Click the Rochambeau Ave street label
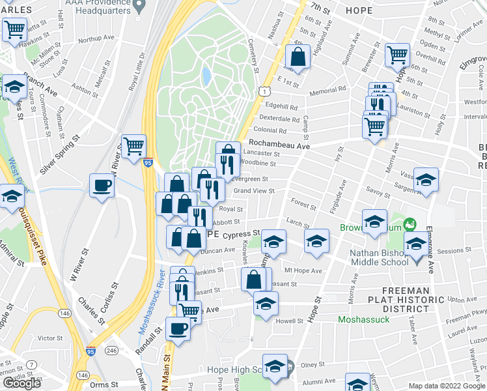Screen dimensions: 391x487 [x=279, y=146]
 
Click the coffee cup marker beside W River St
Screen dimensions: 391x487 [x=102, y=186]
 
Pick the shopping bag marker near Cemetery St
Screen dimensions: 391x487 [x=298, y=57]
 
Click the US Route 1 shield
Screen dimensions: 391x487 [x=264, y=93]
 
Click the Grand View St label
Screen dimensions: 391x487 [x=254, y=191]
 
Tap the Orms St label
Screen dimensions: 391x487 [x=105, y=385]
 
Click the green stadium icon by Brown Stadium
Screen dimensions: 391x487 [x=410, y=225]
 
